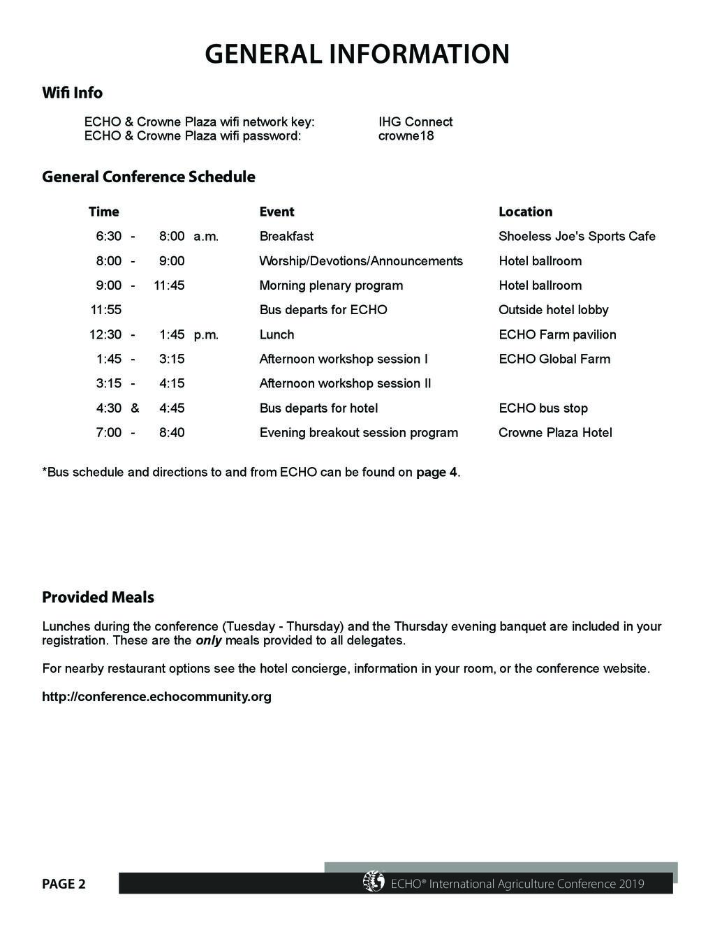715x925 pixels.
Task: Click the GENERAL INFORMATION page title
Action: (x=357, y=54)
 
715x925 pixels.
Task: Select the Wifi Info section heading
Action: (x=72, y=93)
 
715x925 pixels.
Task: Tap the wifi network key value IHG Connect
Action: (x=415, y=122)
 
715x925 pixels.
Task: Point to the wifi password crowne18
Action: (x=406, y=135)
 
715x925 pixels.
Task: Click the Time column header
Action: (x=103, y=212)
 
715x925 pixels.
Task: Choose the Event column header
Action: (x=277, y=212)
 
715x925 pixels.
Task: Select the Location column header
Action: (x=525, y=212)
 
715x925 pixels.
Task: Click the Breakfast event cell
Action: (x=286, y=236)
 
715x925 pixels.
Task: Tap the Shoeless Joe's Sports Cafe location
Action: (x=577, y=236)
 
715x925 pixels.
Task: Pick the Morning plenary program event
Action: (x=331, y=285)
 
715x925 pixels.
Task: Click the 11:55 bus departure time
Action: (x=106, y=309)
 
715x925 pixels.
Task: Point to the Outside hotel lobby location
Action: (x=553, y=309)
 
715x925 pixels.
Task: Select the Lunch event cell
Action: (x=277, y=334)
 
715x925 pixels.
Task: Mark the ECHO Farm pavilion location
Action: (x=557, y=334)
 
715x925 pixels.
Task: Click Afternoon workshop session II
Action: (x=345, y=383)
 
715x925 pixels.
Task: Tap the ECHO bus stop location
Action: (x=543, y=408)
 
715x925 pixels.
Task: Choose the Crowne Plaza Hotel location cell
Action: (x=555, y=432)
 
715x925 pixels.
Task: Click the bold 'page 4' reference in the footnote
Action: (x=436, y=472)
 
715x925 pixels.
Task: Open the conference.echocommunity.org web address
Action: (x=156, y=696)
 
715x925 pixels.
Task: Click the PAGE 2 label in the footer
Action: (x=64, y=884)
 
